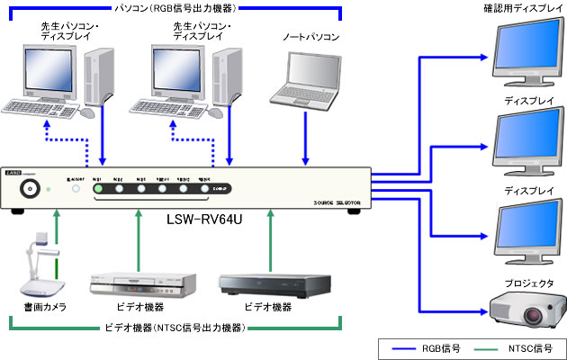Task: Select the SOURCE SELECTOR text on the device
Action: [x=332, y=205]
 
